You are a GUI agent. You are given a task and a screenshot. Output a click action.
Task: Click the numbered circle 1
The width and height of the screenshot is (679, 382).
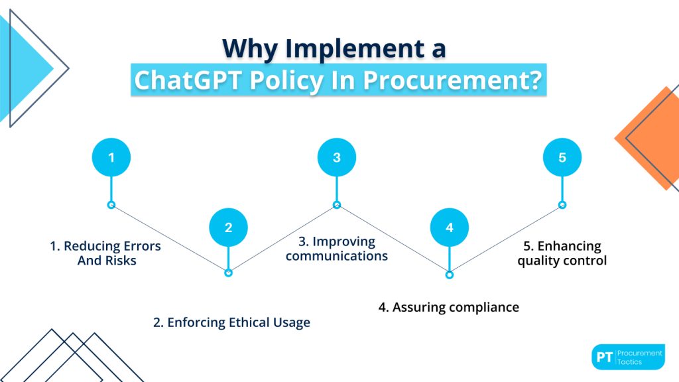(x=111, y=157)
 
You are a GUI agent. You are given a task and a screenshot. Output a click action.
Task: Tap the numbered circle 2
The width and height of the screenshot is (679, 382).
(x=228, y=227)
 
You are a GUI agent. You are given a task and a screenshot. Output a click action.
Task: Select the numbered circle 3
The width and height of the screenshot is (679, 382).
(x=337, y=157)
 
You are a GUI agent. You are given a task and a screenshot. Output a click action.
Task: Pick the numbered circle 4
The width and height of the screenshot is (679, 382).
(x=450, y=227)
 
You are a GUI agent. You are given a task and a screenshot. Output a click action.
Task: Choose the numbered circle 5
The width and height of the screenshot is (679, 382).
(x=562, y=157)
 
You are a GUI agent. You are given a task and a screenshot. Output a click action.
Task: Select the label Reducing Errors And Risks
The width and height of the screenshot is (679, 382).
(x=106, y=253)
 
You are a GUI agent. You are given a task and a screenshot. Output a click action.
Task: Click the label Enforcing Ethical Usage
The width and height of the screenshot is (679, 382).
(x=231, y=323)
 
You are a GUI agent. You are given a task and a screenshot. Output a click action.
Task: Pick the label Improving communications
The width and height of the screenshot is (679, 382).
(x=337, y=248)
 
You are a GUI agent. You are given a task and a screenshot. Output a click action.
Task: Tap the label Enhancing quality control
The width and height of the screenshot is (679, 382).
(x=562, y=253)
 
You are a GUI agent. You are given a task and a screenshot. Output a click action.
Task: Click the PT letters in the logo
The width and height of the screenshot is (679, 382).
(x=604, y=357)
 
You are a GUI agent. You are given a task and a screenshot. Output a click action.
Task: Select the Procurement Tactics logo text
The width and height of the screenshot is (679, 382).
(x=639, y=357)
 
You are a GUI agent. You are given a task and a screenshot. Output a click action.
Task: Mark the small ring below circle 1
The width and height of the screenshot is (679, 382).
(x=111, y=204)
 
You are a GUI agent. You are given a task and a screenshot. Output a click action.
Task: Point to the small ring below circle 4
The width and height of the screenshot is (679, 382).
(x=450, y=274)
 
